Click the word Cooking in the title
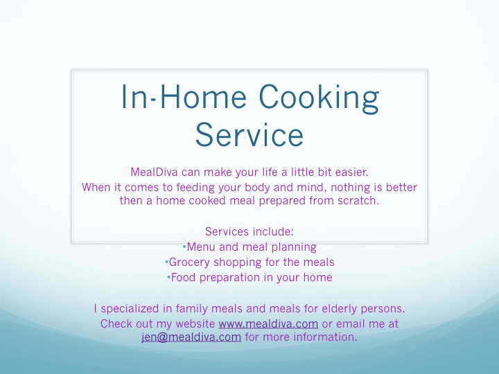coord(319,98)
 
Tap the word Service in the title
coord(249,135)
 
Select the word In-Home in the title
coord(184,96)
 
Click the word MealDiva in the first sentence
coord(154,172)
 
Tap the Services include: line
coord(249,231)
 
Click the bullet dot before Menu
coord(184,247)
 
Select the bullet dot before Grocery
coord(166,262)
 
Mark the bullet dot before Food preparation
coord(168,277)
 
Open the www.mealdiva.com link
coord(268,323)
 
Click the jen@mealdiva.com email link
coord(191,337)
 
